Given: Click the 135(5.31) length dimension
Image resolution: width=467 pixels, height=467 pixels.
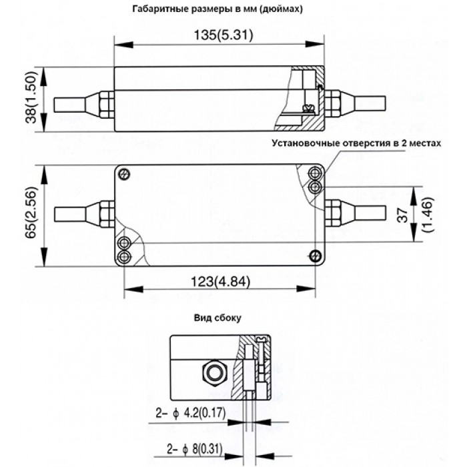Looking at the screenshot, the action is [223, 35].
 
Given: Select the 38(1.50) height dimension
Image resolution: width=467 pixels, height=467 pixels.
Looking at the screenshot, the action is [31, 97].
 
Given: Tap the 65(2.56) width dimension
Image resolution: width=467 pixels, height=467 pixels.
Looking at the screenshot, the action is [31, 212].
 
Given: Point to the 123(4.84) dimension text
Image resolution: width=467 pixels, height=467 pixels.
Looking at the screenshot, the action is [220, 282].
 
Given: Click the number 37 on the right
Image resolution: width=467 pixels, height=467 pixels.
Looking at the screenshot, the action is [403, 215].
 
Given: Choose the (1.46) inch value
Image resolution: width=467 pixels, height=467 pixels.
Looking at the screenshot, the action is [428, 214].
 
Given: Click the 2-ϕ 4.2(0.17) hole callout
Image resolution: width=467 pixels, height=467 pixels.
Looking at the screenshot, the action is [191, 414].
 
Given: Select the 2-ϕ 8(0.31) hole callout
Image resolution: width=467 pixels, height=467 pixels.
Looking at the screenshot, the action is [195, 450].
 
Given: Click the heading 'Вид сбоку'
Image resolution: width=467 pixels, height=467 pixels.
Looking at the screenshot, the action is [217, 318].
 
